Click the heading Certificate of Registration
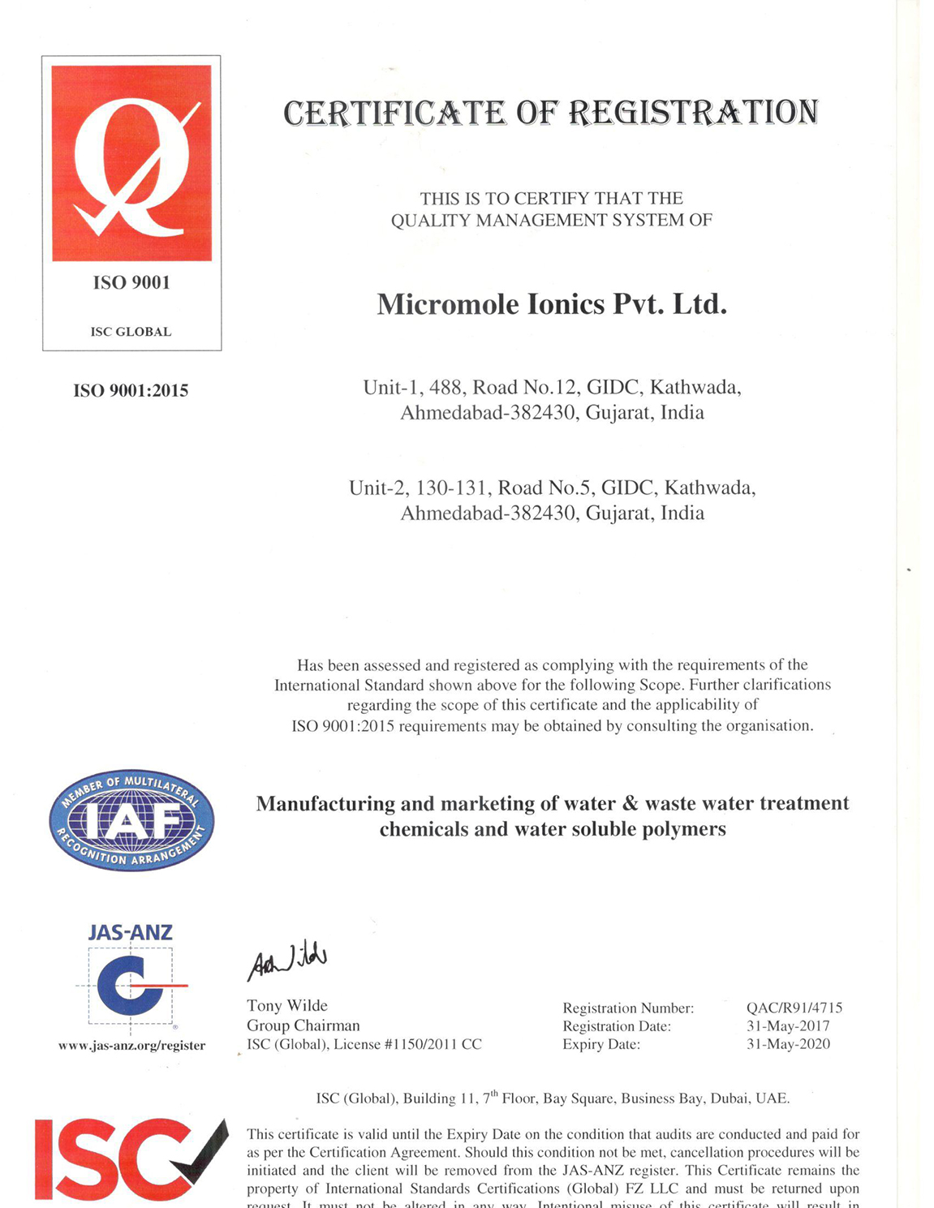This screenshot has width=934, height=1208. [551, 113]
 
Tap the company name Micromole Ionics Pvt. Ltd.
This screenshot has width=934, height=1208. [552, 304]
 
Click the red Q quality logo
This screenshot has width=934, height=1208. [131, 163]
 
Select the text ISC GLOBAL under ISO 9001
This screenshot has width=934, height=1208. [131, 332]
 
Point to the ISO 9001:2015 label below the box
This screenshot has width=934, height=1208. [131, 391]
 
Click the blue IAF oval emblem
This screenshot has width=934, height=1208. [131, 820]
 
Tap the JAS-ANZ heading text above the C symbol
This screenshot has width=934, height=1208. [130, 933]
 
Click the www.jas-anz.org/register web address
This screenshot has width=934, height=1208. [131, 1046]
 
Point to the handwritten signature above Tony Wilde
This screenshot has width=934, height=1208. [287, 960]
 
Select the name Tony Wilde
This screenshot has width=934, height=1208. [287, 1006]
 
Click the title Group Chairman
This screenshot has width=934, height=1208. [303, 1025]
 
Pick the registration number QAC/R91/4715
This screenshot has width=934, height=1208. [794, 1008]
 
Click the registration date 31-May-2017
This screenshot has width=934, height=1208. [788, 1026]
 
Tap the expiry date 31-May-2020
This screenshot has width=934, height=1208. [788, 1044]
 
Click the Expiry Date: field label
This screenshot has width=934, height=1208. [601, 1045]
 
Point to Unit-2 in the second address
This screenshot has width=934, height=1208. [375, 488]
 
